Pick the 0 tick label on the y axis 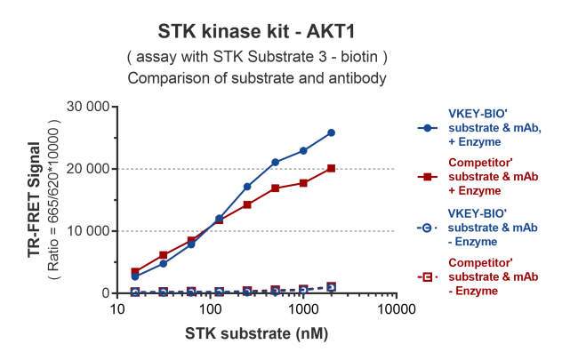[x=103, y=293]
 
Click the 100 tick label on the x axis [x=210, y=309]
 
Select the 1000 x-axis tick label [x=303, y=309]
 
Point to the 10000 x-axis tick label [x=396, y=309]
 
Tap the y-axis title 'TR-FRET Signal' [x=36, y=200]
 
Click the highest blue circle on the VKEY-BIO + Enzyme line [x=331, y=132]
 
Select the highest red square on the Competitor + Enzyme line [x=331, y=168]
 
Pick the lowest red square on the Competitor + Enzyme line [x=135, y=272]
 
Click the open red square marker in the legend [x=428, y=278]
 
